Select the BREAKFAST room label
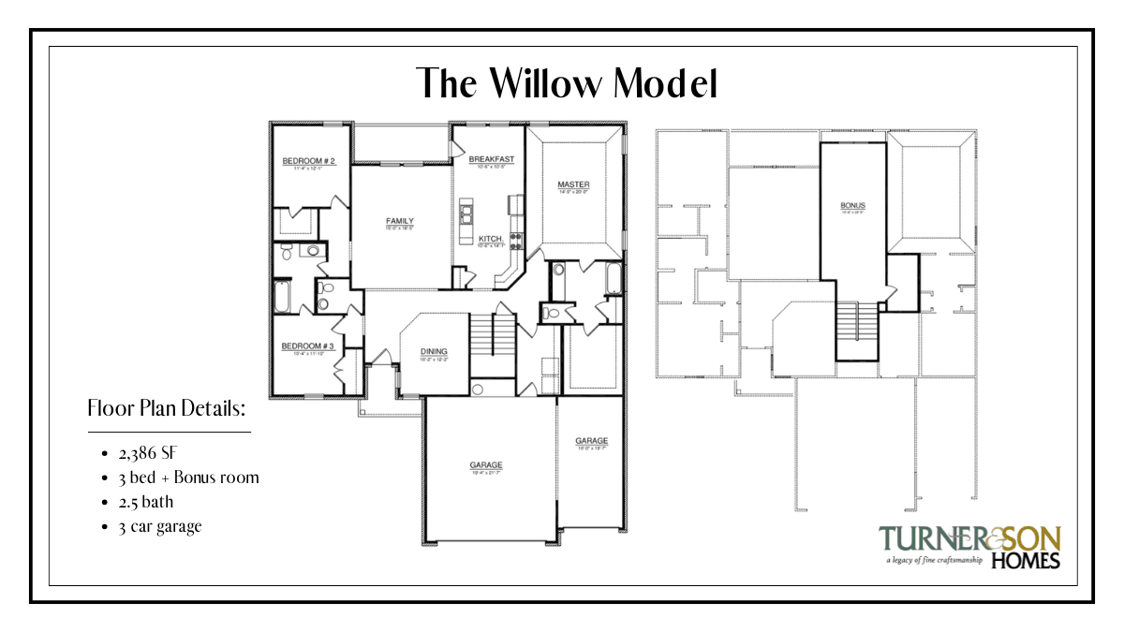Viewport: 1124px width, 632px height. click(x=491, y=160)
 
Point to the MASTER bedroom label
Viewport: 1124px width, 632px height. click(x=572, y=184)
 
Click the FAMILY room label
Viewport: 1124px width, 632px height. click(x=400, y=222)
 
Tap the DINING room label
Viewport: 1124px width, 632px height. click(x=433, y=352)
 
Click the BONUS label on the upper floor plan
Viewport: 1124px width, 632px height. click(x=852, y=205)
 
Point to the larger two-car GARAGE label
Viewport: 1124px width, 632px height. click(x=486, y=465)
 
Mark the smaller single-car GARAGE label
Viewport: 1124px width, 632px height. click(x=591, y=441)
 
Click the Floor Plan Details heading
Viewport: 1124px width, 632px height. click(x=167, y=409)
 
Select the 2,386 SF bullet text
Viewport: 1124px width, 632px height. click(x=147, y=453)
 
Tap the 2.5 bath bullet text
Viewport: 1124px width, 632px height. click(x=145, y=502)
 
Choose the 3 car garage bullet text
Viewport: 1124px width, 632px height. click(x=159, y=526)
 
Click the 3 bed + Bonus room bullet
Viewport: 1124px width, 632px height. click(x=188, y=478)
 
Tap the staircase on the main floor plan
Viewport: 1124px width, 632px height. click(x=481, y=334)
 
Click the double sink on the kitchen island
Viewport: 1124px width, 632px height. click(x=466, y=216)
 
